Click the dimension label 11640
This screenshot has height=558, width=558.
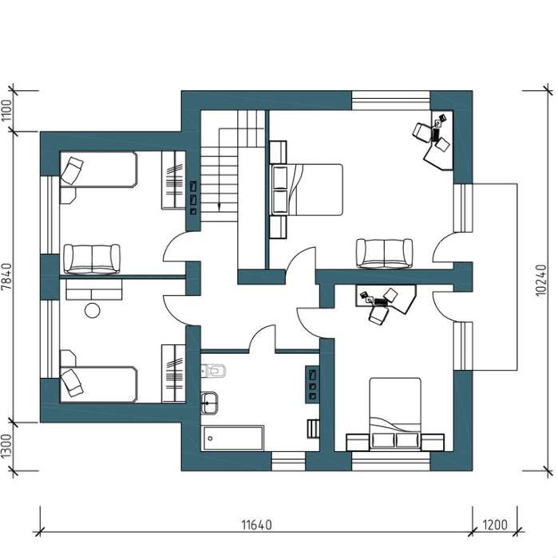pyautogui.click(x=256, y=525)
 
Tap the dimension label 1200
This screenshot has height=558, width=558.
pyautogui.click(x=495, y=525)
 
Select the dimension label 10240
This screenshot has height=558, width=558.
pyautogui.click(x=540, y=280)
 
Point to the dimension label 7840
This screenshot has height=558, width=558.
pyautogui.click(x=6, y=277)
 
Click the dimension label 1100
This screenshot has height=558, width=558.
pyautogui.click(x=6, y=111)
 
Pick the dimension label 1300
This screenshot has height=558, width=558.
pyautogui.click(x=6, y=446)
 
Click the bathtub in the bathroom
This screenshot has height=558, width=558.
pyautogui.click(x=233, y=438)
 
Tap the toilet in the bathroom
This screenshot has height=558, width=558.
pyautogui.click(x=213, y=371)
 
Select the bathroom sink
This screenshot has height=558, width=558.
pyautogui.click(x=209, y=403)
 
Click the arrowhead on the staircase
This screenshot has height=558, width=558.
pyautogui.click(x=219, y=206)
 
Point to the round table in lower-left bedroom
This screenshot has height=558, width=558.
pyautogui.click(x=93, y=310)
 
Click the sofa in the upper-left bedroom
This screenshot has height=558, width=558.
pyautogui.click(x=92, y=259)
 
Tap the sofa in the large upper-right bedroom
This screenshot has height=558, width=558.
pyautogui.click(x=385, y=253)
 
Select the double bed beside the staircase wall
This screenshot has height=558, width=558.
pyautogui.click(x=307, y=190)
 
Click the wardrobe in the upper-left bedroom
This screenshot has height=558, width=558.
pyautogui.click(x=173, y=180)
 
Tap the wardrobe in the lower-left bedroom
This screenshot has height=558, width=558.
pyautogui.click(x=173, y=374)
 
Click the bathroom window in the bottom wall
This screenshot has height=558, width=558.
pyautogui.click(x=289, y=462)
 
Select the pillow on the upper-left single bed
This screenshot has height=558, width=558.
pyautogui.click(x=72, y=171)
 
